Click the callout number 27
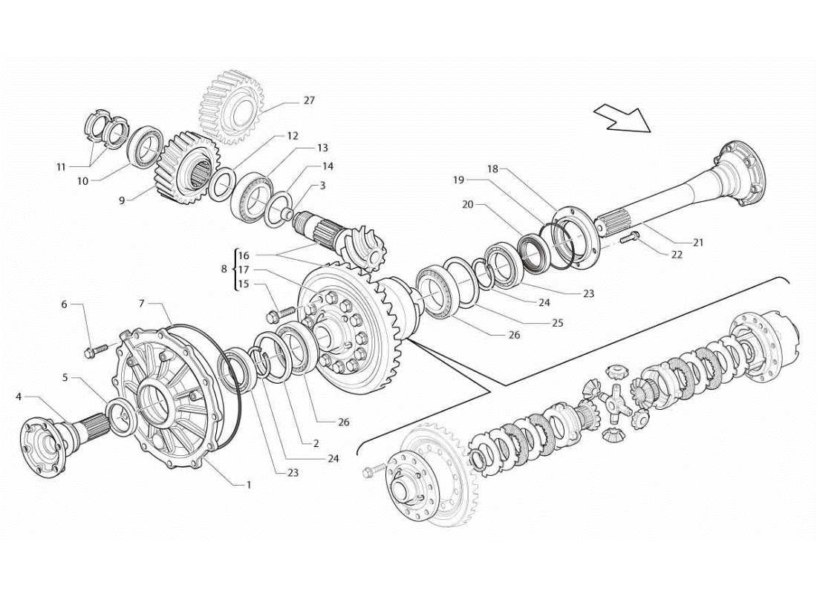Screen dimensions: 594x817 [x=309, y=101]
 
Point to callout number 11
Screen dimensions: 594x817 [x=62, y=168]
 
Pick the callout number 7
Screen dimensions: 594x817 [x=141, y=303]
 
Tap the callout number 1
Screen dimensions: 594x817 [x=249, y=485]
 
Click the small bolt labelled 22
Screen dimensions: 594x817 [x=630, y=238]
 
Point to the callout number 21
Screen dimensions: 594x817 [x=697, y=242]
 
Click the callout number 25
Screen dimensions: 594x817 [x=558, y=323]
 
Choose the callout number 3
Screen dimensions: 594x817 [x=322, y=186]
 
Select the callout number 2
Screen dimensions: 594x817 [x=316, y=443]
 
